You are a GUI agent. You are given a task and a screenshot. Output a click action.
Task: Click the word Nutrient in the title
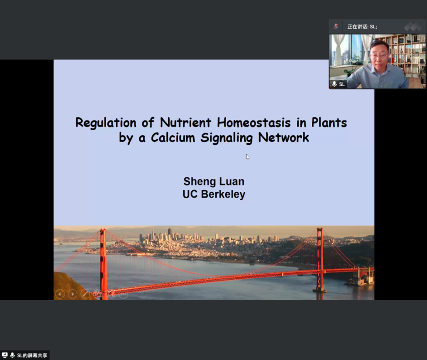click(186, 123)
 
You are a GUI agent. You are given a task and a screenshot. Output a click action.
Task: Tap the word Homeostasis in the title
click(254, 123)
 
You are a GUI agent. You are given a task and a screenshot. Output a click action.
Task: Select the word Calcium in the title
click(173, 137)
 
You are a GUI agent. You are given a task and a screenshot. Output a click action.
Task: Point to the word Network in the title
click(283, 137)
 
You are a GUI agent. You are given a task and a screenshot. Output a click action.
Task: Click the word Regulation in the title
click(106, 123)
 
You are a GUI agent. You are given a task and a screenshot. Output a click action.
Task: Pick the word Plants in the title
click(329, 123)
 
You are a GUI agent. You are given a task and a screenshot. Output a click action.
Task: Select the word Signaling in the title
click(227, 138)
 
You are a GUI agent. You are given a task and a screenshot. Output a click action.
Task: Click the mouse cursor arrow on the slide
click(248, 157)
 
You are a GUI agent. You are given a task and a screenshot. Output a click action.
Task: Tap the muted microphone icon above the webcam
click(336, 26)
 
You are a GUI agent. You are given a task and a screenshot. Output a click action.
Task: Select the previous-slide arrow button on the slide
click(60, 294)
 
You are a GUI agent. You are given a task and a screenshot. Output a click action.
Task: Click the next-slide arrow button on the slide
click(72, 294)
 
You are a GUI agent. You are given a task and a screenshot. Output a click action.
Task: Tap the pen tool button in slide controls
click(85, 294)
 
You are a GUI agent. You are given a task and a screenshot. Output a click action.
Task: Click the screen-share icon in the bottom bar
click(5, 355)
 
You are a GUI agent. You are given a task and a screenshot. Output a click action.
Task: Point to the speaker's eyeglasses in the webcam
click(379, 56)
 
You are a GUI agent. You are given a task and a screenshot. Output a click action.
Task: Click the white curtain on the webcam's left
click(338, 50)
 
